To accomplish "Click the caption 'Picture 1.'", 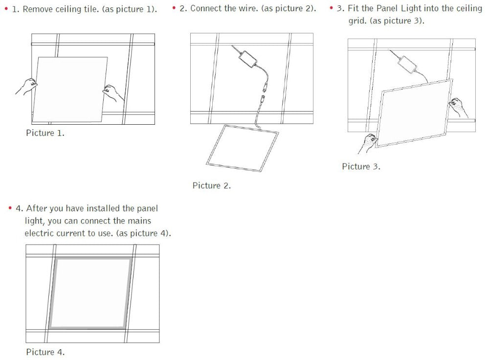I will point(45,133).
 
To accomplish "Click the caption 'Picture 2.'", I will point(211,185).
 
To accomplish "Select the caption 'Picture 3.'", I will point(361,166).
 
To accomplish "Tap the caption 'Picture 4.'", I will point(45,352).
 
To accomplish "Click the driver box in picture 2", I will point(249,60).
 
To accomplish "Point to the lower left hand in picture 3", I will point(368,143).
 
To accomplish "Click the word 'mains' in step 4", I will point(139,221).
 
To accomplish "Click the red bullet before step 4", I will point(10,208).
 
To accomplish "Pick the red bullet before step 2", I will point(174,7).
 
